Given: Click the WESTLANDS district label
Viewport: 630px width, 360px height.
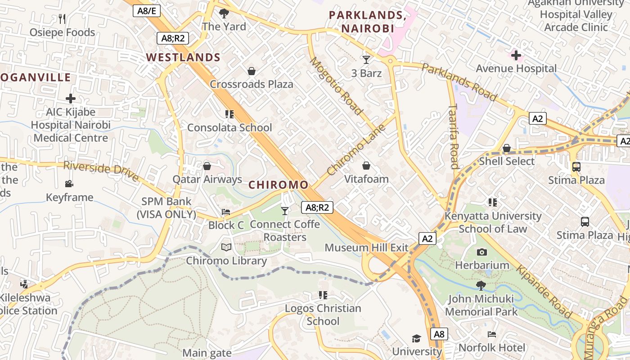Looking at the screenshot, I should tap(183, 58).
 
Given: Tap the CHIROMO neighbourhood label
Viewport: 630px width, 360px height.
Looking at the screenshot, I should tap(279, 185).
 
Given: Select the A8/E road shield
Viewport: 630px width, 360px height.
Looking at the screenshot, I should tap(147, 11).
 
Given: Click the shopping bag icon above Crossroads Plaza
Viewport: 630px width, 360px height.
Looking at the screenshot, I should tap(252, 71).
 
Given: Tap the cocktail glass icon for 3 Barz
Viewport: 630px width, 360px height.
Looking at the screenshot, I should tap(366, 59).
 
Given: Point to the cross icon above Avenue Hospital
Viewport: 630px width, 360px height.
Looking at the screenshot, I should tap(516, 56).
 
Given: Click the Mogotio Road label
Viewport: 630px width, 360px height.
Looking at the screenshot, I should tap(336, 85).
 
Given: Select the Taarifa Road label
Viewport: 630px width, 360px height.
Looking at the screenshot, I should tap(454, 136).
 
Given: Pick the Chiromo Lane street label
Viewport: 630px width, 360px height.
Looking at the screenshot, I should tap(356, 149).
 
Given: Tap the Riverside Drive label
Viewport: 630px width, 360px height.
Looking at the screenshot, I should tap(101, 171).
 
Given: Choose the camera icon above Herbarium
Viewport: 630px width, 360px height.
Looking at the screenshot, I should tap(482, 252).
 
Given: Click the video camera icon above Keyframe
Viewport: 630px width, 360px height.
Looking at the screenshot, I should tap(69, 184).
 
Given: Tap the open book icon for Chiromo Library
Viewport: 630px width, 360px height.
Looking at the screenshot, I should tap(226, 247).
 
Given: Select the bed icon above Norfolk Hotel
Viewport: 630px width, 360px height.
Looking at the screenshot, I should tap(492, 334).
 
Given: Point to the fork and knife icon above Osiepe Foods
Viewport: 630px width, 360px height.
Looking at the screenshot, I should tap(62, 18).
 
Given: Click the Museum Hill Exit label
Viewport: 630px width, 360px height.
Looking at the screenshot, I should tap(366, 247).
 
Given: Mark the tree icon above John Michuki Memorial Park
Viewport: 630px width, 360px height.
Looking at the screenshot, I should tap(481, 285).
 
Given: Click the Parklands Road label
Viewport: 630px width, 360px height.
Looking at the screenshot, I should tap(459, 82).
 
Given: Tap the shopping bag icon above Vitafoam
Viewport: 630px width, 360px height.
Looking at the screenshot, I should tap(366, 166).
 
